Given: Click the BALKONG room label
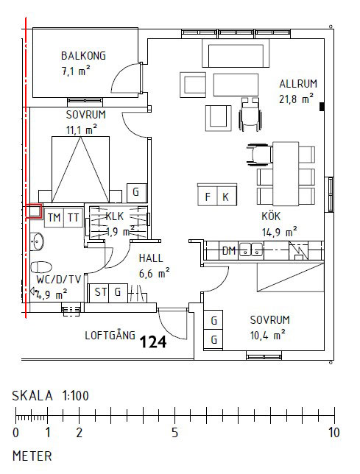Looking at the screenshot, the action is click(x=83, y=56).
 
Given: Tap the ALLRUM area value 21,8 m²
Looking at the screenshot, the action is click(x=296, y=99).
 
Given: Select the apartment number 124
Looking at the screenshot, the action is click(x=153, y=342).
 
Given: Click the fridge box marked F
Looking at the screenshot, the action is click(x=208, y=196).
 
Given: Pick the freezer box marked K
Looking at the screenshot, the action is click(x=227, y=196).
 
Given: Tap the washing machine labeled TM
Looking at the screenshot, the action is click(x=54, y=217).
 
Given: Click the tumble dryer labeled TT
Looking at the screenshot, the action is click(x=73, y=217).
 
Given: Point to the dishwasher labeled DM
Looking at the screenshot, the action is click(x=229, y=250).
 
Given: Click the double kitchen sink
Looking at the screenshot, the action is click(x=251, y=250).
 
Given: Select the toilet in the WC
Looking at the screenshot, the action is click(x=41, y=267).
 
